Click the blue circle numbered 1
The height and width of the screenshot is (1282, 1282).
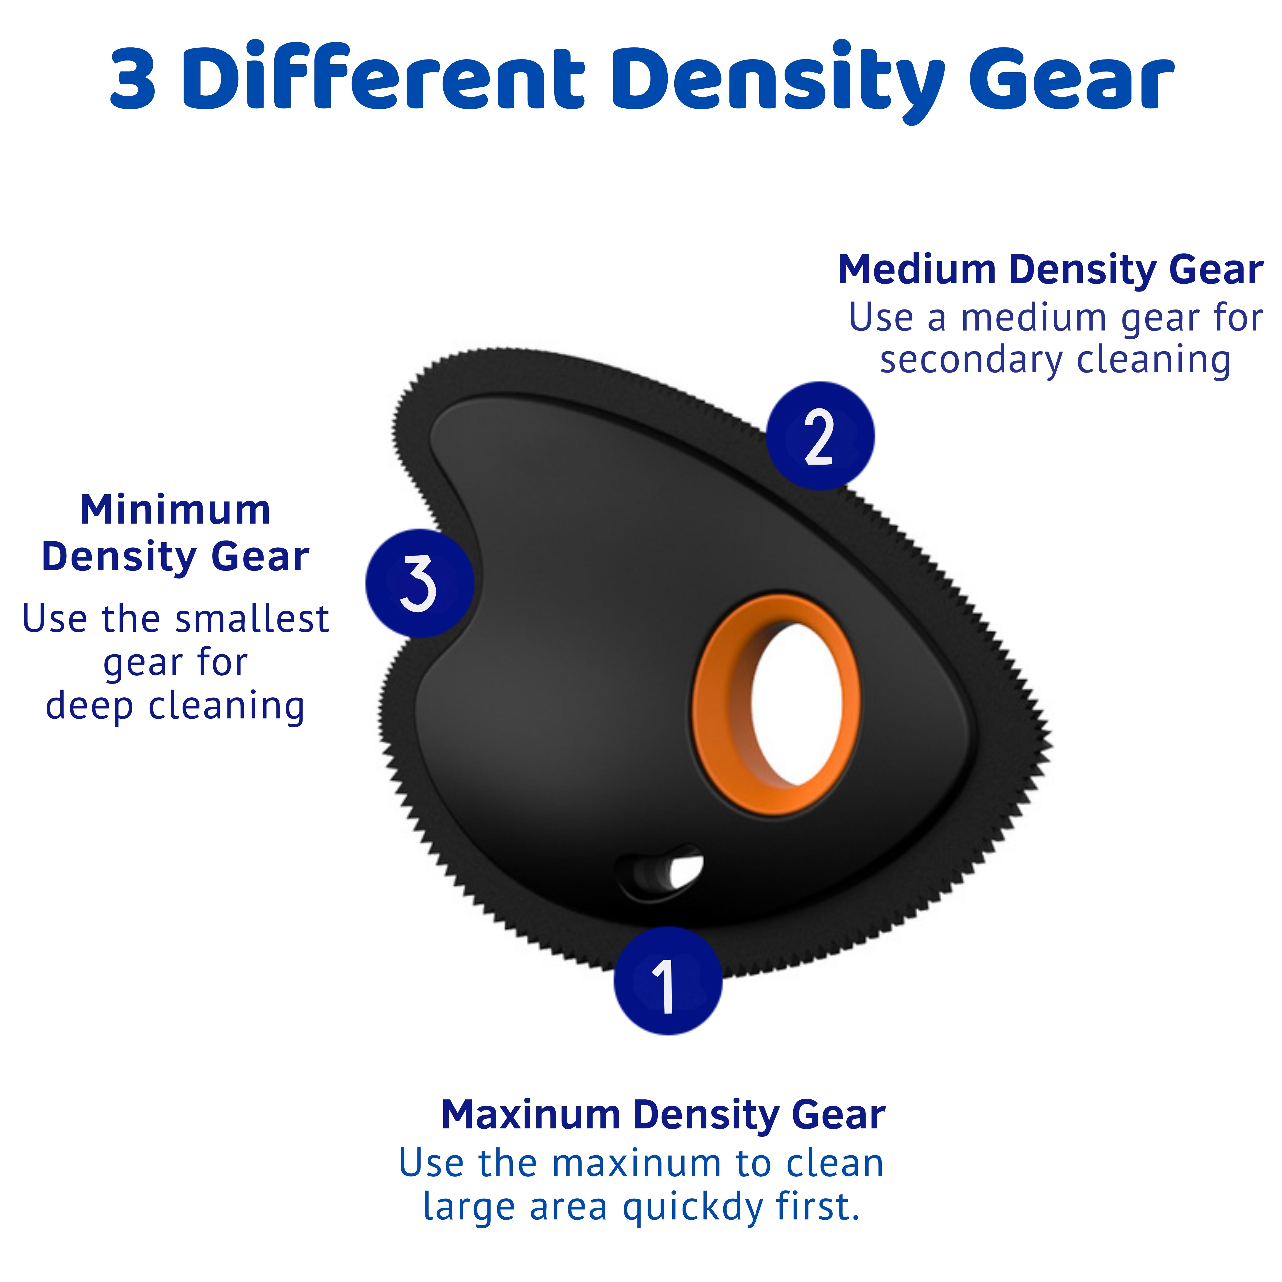click(x=668, y=981)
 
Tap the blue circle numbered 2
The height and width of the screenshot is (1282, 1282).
click(x=820, y=436)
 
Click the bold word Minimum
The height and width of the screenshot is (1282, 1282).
click(x=175, y=510)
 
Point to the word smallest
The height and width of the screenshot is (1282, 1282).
click(x=252, y=619)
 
